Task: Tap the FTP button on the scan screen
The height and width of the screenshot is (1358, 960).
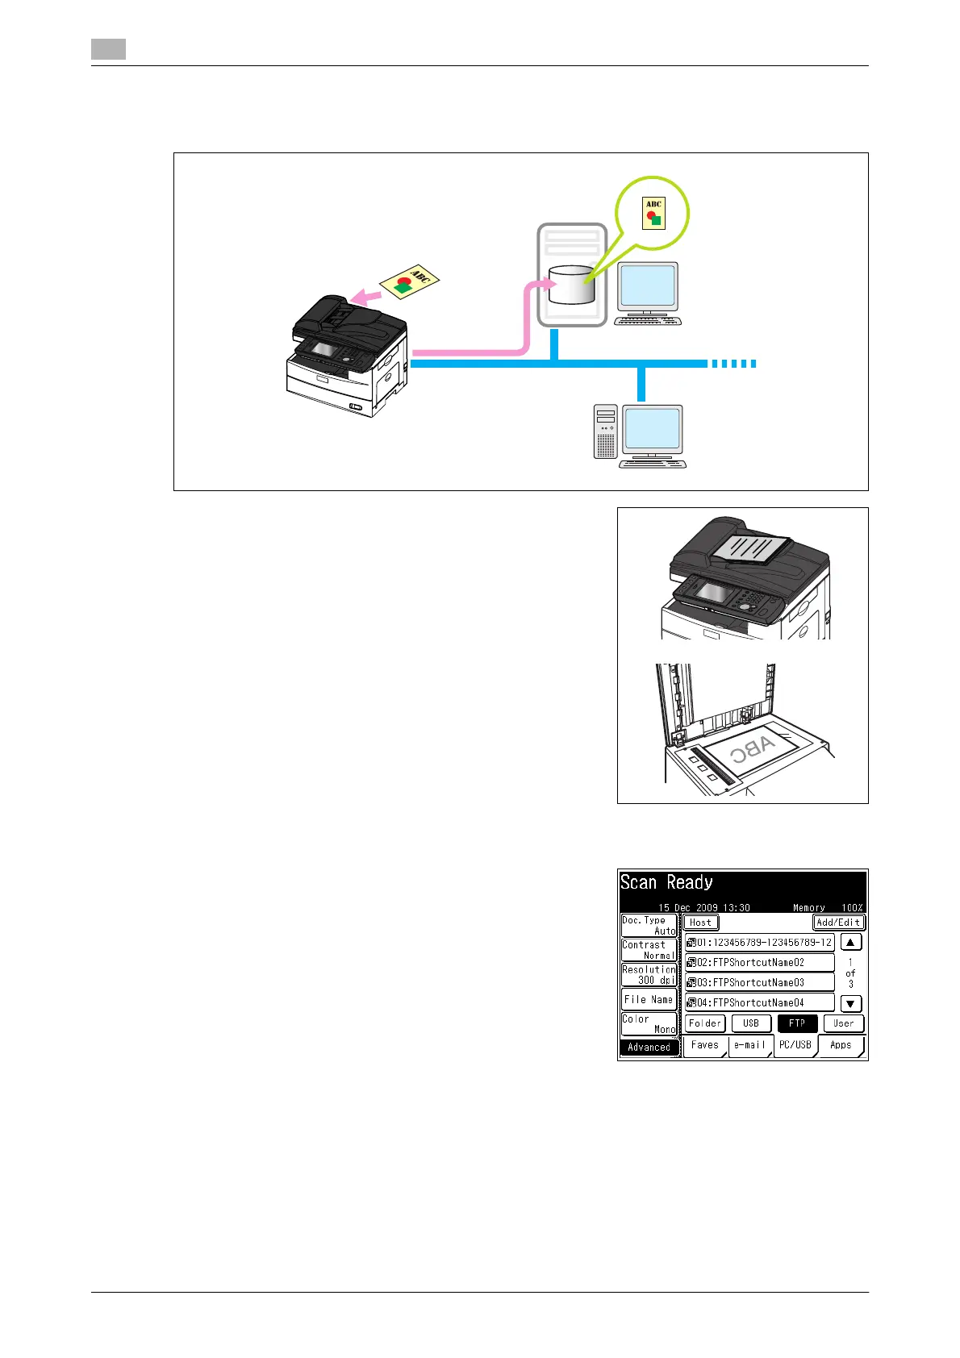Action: click(x=797, y=1023)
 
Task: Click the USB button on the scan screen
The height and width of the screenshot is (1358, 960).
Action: click(x=750, y=1023)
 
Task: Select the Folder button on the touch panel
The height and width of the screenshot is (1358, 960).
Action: click(x=705, y=1023)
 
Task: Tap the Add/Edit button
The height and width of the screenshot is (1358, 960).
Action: click(x=838, y=923)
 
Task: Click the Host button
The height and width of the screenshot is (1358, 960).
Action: click(x=700, y=923)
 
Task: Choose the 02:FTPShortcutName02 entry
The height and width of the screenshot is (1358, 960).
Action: click(x=759, y=962)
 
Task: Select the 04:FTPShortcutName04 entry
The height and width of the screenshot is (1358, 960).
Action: click(x=759, y=1002)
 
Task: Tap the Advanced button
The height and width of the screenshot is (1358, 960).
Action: click(x=649, y=1048)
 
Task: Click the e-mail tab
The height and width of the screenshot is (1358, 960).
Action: click(x=749, y=1045)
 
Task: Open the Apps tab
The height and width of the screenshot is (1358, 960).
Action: click(x=841, y=1045)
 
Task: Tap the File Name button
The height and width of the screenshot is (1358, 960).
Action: click(x=649, y=1000)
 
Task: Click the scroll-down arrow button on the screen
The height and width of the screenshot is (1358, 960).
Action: click(x=851, y=1004)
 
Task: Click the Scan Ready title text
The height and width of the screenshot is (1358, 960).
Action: click(x=666, y=883)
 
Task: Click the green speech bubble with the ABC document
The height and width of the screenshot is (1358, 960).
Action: click(x=652, y=214)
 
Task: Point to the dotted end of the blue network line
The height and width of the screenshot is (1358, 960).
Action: click(x=733, y=364)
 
